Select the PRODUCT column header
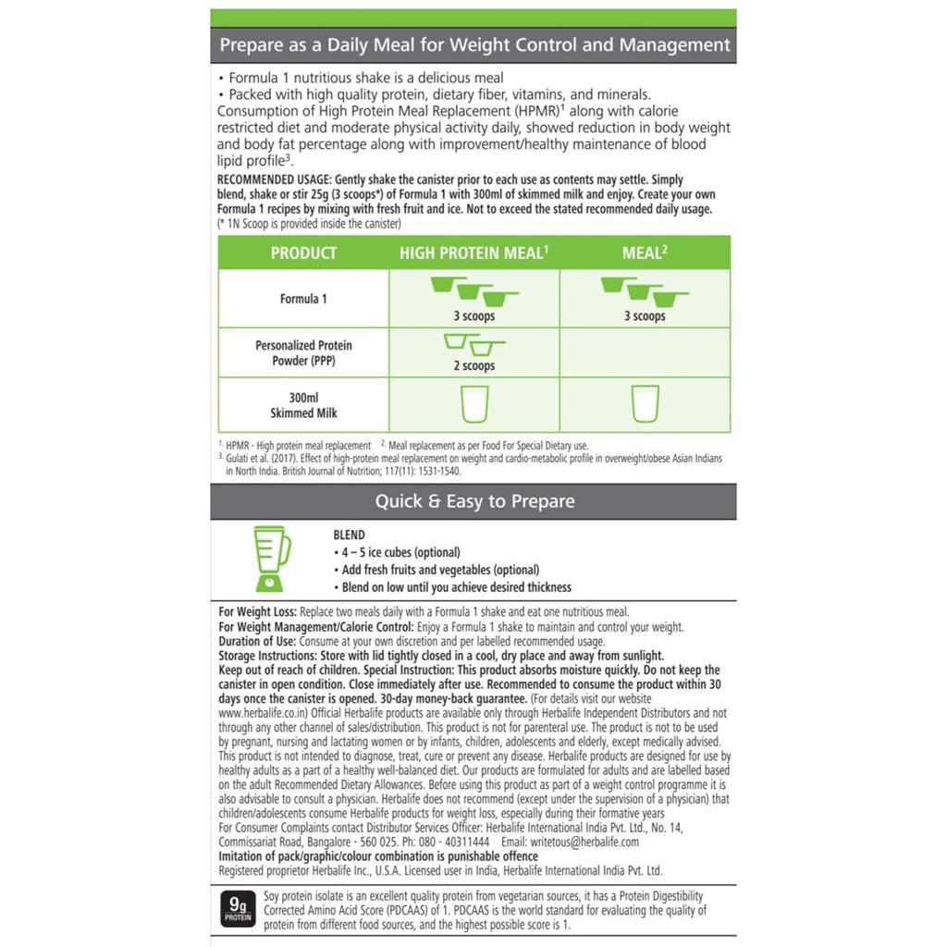coord(303,252)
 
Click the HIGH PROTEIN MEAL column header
coord(474,252)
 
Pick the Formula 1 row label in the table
coord(303,299)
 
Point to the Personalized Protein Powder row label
coord(303,352)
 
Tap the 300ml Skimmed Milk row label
coord(303,405)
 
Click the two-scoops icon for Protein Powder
coord(473,344)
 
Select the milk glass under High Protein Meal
coord(473,404)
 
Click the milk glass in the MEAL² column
coord(645,404)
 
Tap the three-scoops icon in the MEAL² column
coord(645,290)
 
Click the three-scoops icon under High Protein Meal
coord(473,290)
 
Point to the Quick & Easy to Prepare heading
coord(473,501)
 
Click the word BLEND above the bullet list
coord(349,535)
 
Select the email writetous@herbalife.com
coord(584,842)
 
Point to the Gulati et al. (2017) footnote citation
coord(268,458)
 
